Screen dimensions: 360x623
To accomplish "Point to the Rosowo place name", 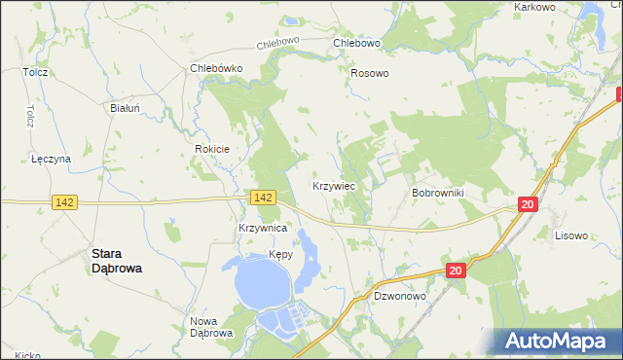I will pyautogui.click(x=370, y=73).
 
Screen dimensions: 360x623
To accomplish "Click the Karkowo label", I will pyautogui.click(x=534, y=7).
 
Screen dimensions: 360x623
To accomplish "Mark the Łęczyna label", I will pyautogui.click(x=51, y=159).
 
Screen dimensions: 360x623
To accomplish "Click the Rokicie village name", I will pyautogui.click(x=211, y=149).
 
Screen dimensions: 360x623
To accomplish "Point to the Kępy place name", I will pyautogui.click(x=280, y=256).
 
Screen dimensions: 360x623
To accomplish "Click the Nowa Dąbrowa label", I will pyautogui.click(x=211, y=328).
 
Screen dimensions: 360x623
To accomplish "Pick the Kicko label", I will pyautogui.click(x=27, y=355).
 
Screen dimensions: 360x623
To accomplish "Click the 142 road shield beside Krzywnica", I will pyautogui.click(x=262, y=198).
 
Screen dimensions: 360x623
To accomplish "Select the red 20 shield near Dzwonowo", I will pyautogui.click(x=456, y=271).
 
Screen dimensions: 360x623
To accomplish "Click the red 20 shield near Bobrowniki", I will pyautogui.click(x=527, y=204).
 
